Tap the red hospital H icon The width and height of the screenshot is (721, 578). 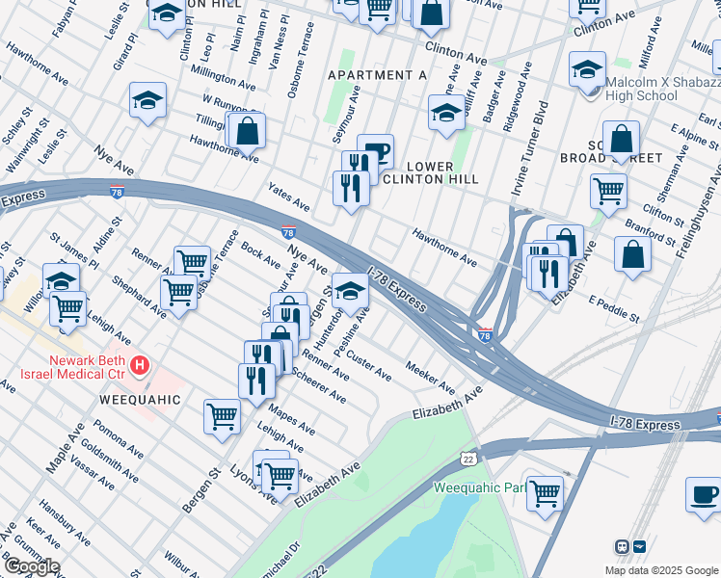coord(141,365)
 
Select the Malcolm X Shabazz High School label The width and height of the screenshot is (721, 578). coord(658,88)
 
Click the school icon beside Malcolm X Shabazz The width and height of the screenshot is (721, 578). coord(587,69)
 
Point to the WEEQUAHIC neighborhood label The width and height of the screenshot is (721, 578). coord(139,398)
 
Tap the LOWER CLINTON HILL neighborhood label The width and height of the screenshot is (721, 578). coord(430,172)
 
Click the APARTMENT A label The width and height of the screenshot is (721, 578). coord(376,74)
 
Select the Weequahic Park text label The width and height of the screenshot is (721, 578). coord(479,487)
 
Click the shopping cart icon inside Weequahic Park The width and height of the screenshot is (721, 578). coord(546,492)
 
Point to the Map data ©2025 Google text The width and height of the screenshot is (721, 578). coord(660,569)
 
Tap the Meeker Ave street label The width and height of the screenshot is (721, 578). coord(430,378)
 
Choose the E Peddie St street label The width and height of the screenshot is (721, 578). coord(615,309)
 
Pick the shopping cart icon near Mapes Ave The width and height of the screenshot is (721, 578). coord(222,417)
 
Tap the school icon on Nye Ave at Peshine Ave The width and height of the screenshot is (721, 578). coord(350,289)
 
